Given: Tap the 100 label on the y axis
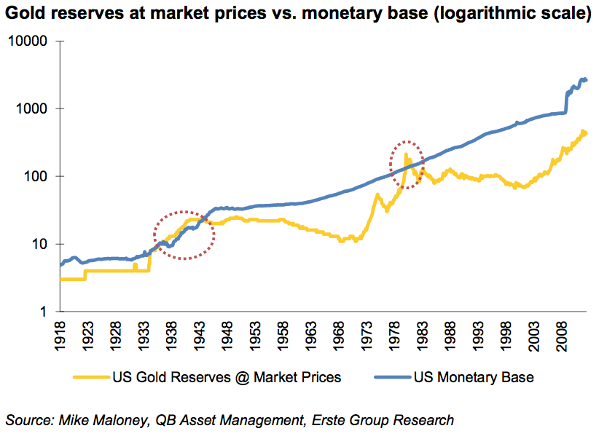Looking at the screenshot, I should pos(38,177).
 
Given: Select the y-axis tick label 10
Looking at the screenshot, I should pos(41,244).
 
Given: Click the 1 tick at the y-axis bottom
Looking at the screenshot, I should pos(44,312).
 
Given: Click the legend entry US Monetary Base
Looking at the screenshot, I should pos(473,377).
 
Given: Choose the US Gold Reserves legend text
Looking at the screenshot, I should pos(227,377).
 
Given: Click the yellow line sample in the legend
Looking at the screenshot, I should pos(91,377).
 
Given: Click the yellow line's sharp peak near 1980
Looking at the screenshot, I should pos(405,154).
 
